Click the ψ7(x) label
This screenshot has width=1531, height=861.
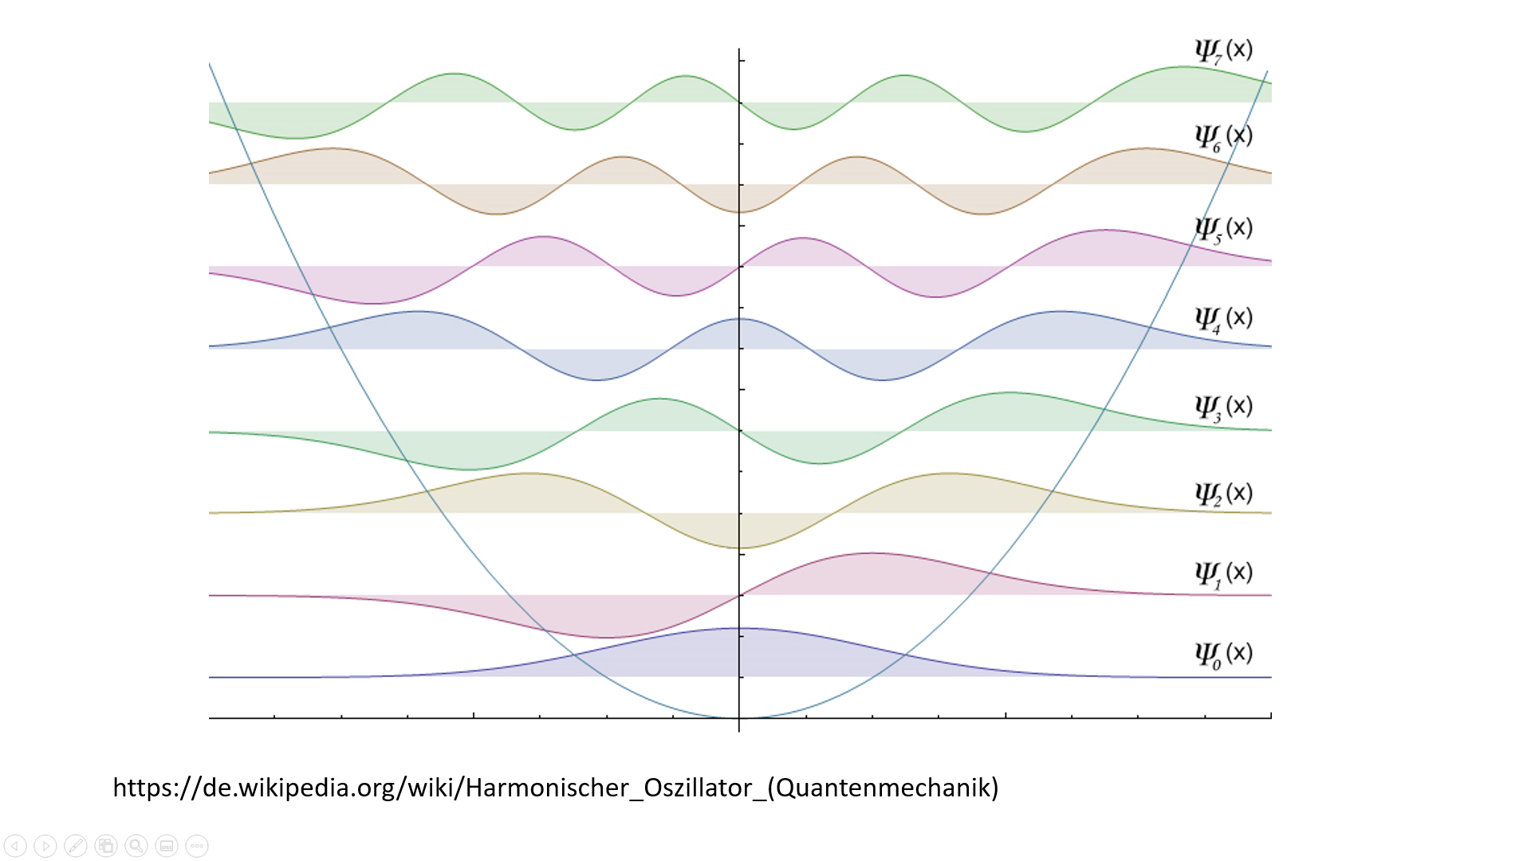pos(1223,51)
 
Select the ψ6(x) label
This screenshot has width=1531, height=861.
pos(1223,137)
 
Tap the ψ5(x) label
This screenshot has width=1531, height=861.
pos(1223,229)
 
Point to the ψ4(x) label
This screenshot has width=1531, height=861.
pos(1223,319)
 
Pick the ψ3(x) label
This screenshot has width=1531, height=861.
pos(1223,407)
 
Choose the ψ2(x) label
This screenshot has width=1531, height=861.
pos(1223,494)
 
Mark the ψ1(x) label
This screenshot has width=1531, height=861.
pos(1223,573)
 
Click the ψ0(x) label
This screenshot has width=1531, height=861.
pos(1223,655)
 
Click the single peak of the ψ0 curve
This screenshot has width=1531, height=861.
pos(739,628)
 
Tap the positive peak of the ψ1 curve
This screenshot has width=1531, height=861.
pos(872,553)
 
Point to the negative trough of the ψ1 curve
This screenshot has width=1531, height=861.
pos(606,637)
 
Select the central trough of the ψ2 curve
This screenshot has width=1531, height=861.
pos(739,548)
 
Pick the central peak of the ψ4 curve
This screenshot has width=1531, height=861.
pos(739,319)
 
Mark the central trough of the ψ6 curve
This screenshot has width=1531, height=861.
pos(739,212)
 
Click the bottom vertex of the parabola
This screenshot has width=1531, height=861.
pos(739,717)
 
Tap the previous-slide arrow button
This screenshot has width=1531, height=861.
pos(15,846)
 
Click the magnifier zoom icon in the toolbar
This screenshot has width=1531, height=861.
pos(136,846)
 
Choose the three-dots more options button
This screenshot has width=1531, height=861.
pos(197,846)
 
